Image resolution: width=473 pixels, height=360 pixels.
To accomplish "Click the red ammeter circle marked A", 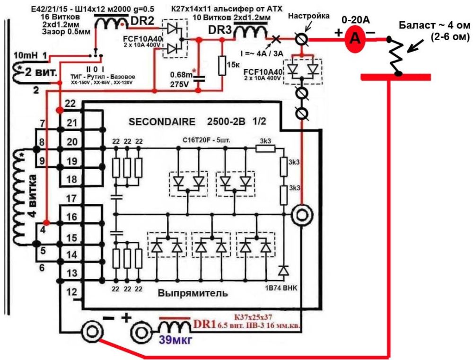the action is (x=356, y=38).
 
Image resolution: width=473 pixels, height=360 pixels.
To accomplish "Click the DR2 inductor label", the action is (x=142, y=21).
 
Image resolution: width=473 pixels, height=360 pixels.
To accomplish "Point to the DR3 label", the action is (x=220, y=30).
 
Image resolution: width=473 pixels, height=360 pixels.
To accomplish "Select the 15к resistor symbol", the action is (x=222, y=65).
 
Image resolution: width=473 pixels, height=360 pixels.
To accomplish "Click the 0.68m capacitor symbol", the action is (x=199, y=79).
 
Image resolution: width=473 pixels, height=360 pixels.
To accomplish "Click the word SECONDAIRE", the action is (x=162, y=122).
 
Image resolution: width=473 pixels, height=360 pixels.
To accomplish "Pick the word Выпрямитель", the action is (x=193, y=293).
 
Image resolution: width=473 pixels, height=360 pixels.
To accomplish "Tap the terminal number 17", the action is (x=71, y=199).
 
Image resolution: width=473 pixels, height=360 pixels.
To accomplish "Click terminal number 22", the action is (x=70, y=104).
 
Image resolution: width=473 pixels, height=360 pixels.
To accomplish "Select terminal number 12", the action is (x=71, y=292).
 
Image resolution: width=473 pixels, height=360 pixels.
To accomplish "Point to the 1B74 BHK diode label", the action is (x=281, y=288).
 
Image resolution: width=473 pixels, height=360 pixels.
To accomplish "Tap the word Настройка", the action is (x=308, y=16).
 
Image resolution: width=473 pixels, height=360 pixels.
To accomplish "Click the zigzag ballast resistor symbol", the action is (x=396, y=56).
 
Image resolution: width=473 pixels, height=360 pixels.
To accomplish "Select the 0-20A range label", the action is (x=356, y=20).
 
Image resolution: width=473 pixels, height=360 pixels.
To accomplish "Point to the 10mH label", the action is (x=26, y=55).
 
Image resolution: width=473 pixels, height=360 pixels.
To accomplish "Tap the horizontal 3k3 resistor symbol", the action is (x=265, y=148).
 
